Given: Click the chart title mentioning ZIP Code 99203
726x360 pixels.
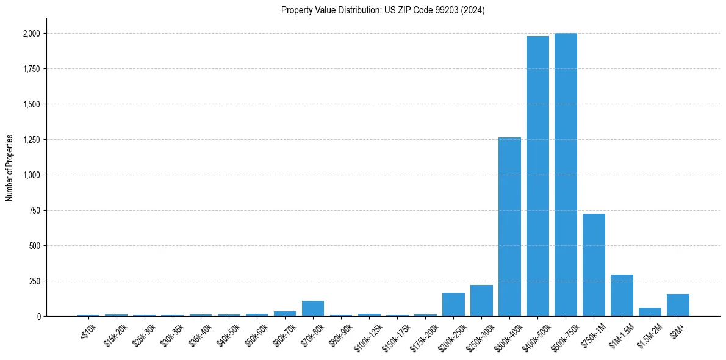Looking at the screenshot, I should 383,10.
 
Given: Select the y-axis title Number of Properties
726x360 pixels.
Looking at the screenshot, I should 10,167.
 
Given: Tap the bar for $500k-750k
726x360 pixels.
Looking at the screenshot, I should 566,175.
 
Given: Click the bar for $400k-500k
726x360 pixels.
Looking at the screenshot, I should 537,176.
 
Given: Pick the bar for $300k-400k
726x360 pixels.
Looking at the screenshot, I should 509,227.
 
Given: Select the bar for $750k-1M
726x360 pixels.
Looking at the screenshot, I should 594,265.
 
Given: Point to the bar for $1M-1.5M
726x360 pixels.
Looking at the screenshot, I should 622,295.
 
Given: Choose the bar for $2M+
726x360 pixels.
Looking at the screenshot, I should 678,305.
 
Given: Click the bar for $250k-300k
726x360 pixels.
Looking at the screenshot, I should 481,301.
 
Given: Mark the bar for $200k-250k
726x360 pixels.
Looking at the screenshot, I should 453,304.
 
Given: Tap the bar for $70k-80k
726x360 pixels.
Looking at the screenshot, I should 313,309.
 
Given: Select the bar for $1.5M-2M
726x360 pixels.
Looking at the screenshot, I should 650,312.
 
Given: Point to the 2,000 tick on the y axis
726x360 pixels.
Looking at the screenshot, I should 32,34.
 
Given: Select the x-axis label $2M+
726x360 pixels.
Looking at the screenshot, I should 677,329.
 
